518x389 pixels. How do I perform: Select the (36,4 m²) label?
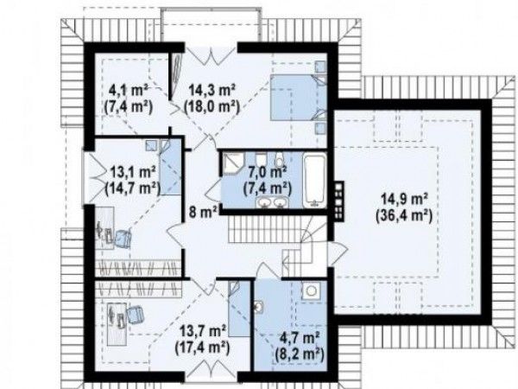[404, 216]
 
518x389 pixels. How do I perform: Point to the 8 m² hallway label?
[203, 212]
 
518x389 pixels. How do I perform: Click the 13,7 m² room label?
[203, 331]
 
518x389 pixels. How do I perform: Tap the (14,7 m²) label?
[132, 188]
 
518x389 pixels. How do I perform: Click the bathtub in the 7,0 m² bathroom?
[314, 181]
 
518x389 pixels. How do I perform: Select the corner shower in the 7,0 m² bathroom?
[232, 164]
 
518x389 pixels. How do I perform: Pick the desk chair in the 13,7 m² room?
[136, 315]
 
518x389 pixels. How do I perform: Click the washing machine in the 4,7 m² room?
[311, 290]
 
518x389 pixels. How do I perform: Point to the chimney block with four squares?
[338, 201]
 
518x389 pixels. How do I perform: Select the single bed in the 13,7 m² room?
[239, 309]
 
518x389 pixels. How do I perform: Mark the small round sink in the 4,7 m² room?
[258, 307]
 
